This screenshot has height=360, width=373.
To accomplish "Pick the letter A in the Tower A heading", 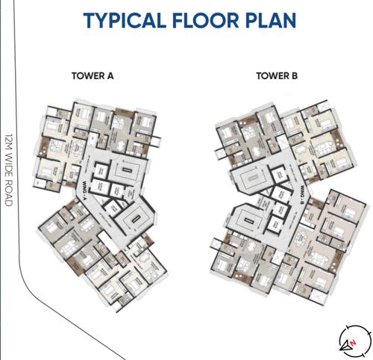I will (109, 75).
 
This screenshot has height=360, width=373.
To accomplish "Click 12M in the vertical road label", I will (10, 142).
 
